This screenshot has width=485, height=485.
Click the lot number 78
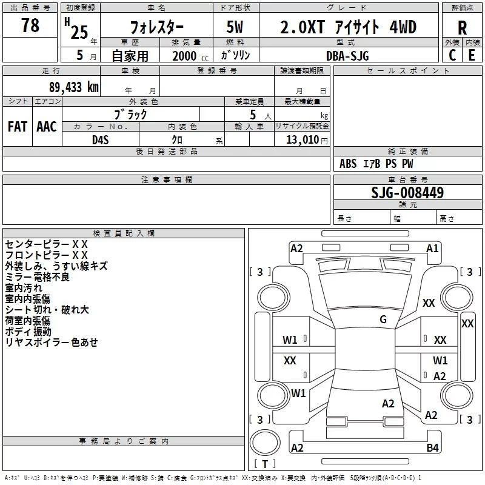click(30, 25)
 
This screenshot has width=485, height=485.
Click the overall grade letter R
click(462, 28)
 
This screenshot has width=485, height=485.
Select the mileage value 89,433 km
click(74, 87)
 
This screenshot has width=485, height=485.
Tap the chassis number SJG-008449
click(407, 192)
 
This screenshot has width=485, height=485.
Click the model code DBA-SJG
click(347, 56)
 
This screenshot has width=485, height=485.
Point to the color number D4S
click(101, 140)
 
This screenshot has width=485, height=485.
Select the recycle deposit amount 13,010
click(302, 140)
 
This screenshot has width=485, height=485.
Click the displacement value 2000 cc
click(190, 56)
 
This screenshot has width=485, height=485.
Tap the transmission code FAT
click(18, 127)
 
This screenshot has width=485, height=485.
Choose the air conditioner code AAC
click(47, 127)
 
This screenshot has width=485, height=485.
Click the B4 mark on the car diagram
click(432, 447)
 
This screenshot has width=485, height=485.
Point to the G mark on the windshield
click(383, 319)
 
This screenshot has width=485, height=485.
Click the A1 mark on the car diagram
click(432, 249)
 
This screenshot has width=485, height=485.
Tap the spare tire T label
click(265, 464)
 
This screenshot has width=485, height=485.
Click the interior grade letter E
click(472, 55)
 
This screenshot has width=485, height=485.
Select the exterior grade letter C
click(452, 55)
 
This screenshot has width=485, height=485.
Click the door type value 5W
click(235, 27)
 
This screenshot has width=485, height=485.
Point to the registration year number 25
click(79, 32)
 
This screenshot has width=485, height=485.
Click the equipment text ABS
click(348, 164)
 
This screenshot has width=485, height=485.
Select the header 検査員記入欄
click(124, 233)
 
